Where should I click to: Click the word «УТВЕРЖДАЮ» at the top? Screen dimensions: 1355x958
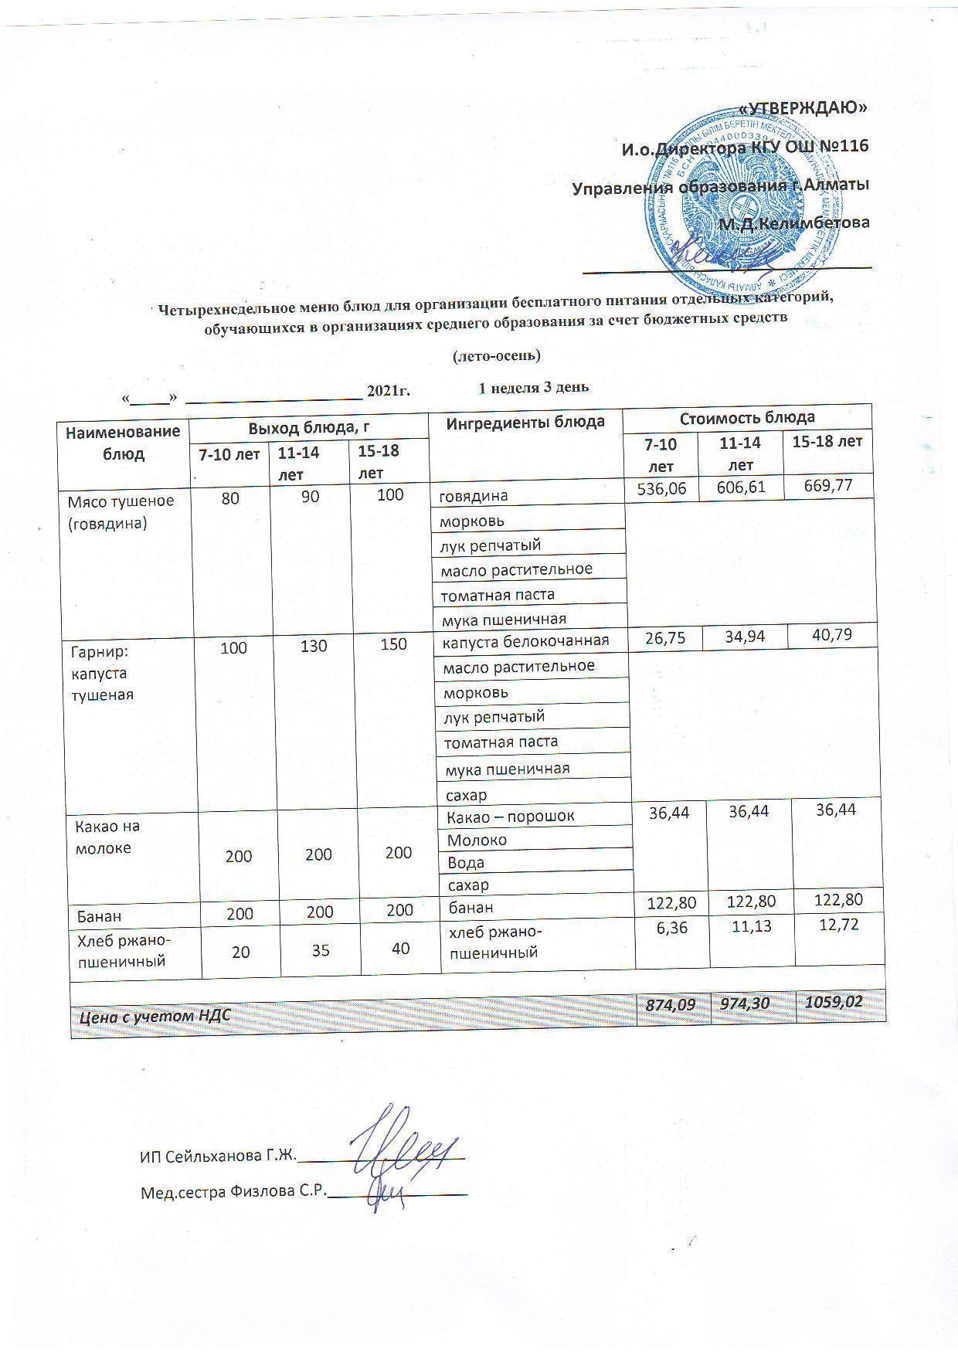tap(803, 107)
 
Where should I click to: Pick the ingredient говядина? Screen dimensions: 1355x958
tap(474, 495)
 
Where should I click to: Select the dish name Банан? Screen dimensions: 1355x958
tap(99, 917)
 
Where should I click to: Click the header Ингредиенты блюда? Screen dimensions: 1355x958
tap(525, 422)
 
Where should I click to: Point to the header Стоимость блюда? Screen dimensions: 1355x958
tap(747, 418)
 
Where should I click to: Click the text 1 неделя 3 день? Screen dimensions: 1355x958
tap(534, 387)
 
